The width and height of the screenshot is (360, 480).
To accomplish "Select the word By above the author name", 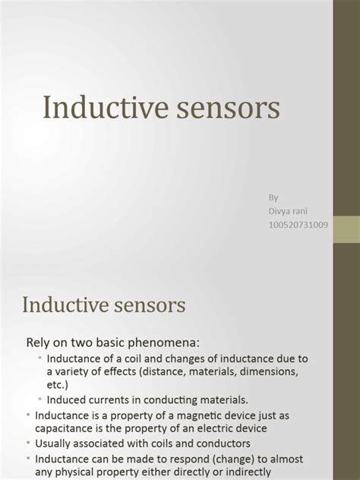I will [x=273, y=197].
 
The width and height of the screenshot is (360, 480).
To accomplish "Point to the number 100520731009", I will [x=298, y=224].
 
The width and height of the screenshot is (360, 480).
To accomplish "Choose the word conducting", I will [x=162, y=399].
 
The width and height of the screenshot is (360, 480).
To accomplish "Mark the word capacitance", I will [x=61, y=428].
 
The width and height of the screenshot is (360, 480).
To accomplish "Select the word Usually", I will [x=55, y=444].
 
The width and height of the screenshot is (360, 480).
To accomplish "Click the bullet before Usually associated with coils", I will [x=28, y=444].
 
